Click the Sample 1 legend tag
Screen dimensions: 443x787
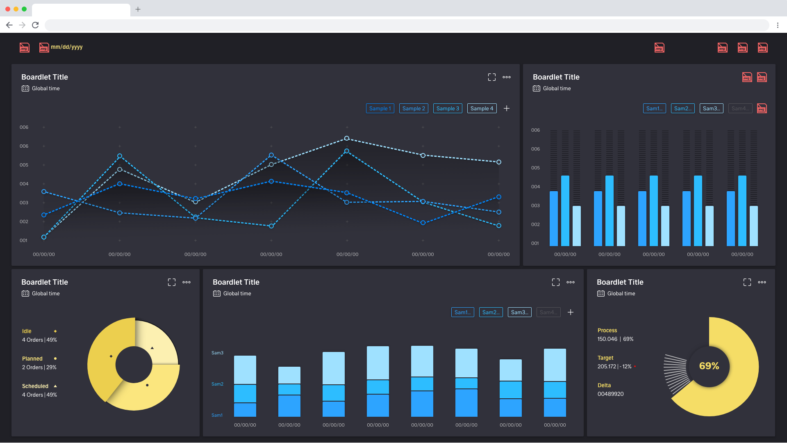coord(380,108)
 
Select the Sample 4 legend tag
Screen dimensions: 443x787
coord(482,108)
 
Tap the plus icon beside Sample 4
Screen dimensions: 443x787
coord(507,108)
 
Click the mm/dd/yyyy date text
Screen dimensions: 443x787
coord(67,47)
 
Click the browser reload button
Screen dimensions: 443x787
coord(36,25)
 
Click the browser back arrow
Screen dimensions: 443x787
coord(9,25)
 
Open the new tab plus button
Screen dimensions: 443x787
coord(138,9)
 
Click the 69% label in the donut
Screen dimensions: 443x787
coord(709,366)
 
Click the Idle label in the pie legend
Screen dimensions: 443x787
coord(27,331)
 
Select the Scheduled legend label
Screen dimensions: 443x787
coord(35,386)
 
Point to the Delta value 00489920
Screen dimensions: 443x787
coord(610,394)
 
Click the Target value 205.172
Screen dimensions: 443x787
coord(607,366)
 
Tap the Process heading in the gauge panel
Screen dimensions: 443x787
coord(607,330)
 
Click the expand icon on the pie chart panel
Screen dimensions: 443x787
coord(172,282)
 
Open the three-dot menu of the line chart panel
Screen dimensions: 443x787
coord(507,77)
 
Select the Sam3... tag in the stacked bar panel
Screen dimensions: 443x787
coord(519,312)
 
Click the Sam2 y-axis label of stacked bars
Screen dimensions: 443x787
coord(217,384)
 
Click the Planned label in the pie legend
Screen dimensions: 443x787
coord(32,359)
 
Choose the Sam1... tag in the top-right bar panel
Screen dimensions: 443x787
coord(654,108)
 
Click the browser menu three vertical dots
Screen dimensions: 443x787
coord(778,25)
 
